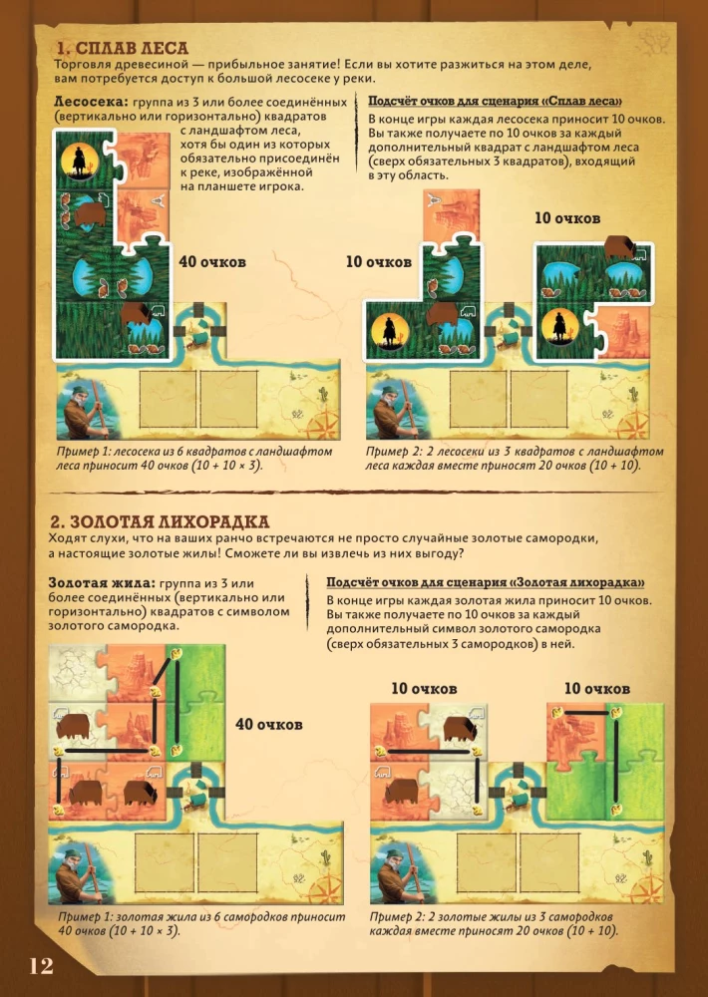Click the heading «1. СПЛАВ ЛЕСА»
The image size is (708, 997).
tap(122, 48)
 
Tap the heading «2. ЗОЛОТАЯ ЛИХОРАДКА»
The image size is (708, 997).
tap(160, 521)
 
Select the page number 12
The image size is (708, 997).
tap(41, 966)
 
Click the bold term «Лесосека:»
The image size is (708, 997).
tap(91, 102)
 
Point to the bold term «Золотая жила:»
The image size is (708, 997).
tap(102, 583)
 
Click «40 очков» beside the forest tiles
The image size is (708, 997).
tap(212, 262)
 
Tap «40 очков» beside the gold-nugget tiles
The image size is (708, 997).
tap(268, 724)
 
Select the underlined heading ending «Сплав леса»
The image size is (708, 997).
tap(495, 101)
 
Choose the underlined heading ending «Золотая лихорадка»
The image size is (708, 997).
tap(486, 582)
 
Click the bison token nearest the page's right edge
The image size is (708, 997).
tap(621, 246)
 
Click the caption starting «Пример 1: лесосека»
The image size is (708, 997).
tap(194, 459)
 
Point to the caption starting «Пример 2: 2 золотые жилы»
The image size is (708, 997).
tap(494, 924)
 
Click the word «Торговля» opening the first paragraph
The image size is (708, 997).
tap(80, 65)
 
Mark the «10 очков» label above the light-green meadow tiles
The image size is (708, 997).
tap(596, 689)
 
